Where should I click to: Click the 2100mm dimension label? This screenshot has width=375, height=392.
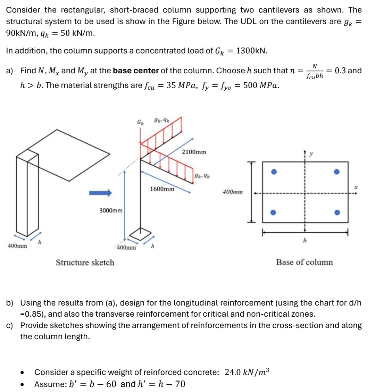[x=194, y=152]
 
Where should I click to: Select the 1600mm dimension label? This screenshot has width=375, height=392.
[x=162, y=189]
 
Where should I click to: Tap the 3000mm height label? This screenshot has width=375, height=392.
[x=111, y=210]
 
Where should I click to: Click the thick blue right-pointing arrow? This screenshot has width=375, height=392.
[x=101, y=192]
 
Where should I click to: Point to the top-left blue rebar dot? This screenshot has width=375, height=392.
[x=274, y=172]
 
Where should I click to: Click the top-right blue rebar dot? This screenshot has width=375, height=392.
[x=336, y=172]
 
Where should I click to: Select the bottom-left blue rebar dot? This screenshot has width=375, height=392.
[x=274, y=212]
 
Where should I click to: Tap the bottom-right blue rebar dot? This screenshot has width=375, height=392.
[x=336, y=212]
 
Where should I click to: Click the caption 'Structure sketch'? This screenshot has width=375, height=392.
[x=85, y=262]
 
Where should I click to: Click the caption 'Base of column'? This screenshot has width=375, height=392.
[x=304, y=262]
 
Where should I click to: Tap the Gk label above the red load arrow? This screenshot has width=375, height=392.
[x=140, y=122]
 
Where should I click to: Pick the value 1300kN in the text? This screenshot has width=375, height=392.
[x=251, y=51]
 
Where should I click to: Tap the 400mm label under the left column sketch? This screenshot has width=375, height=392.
[x=17, y=246]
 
